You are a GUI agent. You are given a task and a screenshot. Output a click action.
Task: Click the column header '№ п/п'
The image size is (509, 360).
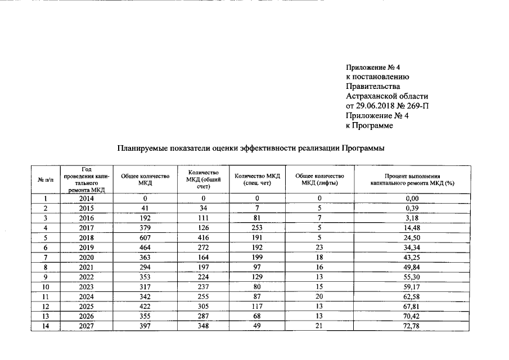click(45, 179)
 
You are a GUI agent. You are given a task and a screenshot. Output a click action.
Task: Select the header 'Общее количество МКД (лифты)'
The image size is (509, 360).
click(319, 179)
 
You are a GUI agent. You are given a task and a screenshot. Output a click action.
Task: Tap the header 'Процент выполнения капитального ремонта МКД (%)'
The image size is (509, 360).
click(412, 179)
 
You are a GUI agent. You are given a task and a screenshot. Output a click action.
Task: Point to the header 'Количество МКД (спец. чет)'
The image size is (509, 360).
click(257, 179)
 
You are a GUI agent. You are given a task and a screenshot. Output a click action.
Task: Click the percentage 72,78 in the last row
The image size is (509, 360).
click(412, 325)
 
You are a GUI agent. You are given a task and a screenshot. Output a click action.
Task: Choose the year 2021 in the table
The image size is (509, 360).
click(86, 267)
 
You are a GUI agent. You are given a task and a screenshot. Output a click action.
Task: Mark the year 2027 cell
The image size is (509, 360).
click(86, 325)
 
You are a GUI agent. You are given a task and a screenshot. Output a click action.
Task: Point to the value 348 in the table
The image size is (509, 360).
click(202, 325)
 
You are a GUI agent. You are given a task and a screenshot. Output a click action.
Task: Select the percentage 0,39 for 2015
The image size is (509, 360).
click(412, 208)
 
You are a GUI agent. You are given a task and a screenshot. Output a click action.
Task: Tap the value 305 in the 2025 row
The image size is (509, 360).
click(202, 305)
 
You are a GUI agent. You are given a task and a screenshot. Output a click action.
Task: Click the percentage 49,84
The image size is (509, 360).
click(412, 267)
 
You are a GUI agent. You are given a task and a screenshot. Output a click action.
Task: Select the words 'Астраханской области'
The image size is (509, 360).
click(387, 96)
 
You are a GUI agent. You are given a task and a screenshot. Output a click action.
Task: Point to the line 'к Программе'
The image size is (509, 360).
click(369, 126)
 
